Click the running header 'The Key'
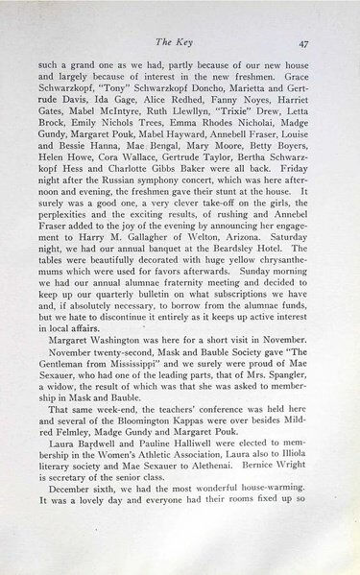coord(180,42)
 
